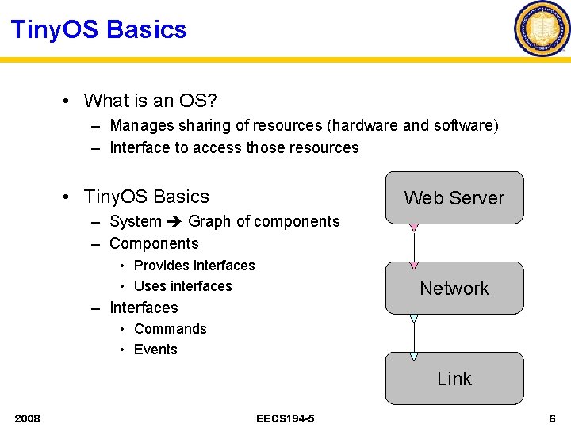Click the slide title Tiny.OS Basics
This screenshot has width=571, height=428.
click(99, 30)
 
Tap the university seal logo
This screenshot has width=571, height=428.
click(542, 29)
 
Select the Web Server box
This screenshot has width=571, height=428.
click(454, 197)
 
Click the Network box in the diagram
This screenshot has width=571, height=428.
click(454, 288)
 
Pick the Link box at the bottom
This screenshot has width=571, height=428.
click(454, 378)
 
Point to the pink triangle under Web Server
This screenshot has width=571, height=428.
click(413, 227)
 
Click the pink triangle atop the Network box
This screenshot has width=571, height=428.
click(413, 265)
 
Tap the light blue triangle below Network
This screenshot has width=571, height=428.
click(413, 318)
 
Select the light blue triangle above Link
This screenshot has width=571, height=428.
click(413, 356)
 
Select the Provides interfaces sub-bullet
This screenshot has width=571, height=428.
click(194, 266)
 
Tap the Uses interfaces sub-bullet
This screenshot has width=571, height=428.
click(182, 286)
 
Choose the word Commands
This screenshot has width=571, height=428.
click(171, 329)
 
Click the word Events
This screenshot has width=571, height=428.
click(155, 350)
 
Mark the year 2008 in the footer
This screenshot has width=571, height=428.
click(27, 418)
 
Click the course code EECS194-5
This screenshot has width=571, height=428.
click(285, 418)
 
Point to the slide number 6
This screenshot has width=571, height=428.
click(552, 418)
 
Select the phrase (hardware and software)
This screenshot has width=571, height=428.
click(412, 125)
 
